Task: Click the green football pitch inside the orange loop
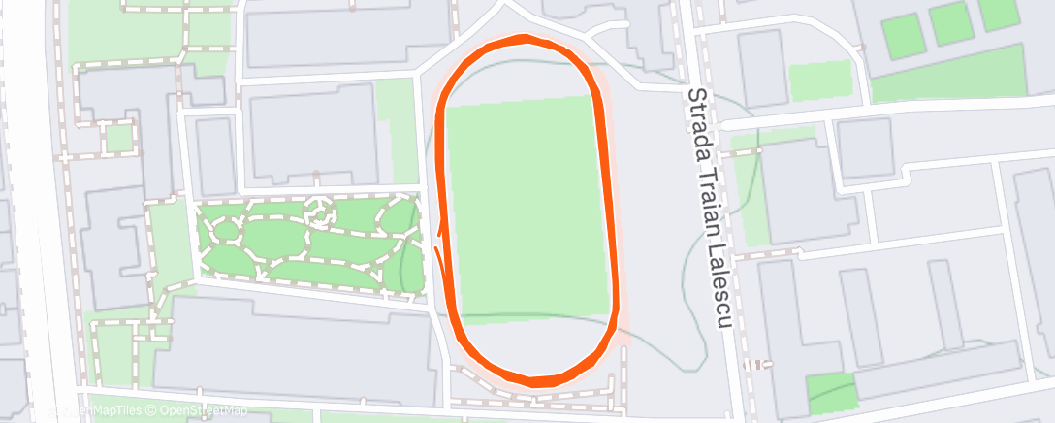(529, 204)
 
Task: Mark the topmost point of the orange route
(524, 40)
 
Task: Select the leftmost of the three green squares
(903, 36)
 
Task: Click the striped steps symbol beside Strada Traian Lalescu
(753, 366)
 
